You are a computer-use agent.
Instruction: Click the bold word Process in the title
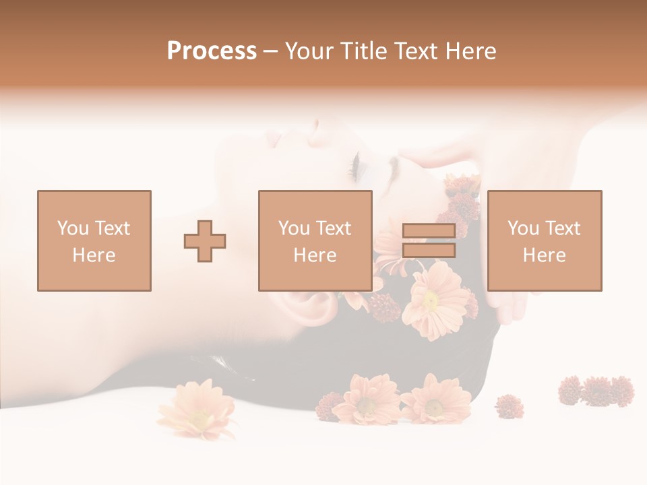click(x=212, y=51)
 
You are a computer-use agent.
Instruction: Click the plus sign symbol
click(x=205, y=240)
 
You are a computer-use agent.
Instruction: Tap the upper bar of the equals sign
click(x=429, y=231)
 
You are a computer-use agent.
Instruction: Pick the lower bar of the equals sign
click(x=429, y=251)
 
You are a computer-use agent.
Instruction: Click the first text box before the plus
click(x=94, y=240)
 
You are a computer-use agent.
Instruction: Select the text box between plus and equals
click(x=315, y=240)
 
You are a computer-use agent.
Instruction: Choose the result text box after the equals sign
click(x=544, y=240)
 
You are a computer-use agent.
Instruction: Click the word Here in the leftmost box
click(x=94, y=255)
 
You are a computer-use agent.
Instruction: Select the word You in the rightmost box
click(x=523, y=228)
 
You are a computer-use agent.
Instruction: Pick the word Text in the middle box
click(x=334, y=228)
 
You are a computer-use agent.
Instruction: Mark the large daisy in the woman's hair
click(x=435, y=300)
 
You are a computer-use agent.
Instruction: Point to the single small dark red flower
click(x=509, y=406)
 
